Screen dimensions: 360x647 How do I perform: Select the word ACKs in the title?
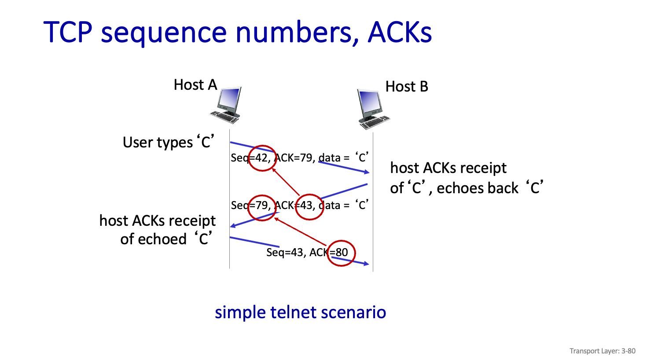pyautogui.click(x=400, y=32)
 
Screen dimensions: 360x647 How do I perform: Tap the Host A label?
pyautogui.click(x=195, y=84)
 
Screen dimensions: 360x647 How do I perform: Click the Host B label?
pyautogui.click(x=407, y=87)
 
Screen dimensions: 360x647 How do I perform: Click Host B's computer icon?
pyautogui.click(x=372, y=109)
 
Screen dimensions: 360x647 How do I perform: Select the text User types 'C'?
pyautogui.click(x=168, y=142)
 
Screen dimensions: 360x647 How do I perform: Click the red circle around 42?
pyautogui.click(x=262, y=158)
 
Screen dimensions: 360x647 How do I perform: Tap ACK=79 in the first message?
pyautogui.click(x=294, y=158)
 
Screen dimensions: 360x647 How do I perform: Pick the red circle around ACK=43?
pyautogui.click(x=309, y=207)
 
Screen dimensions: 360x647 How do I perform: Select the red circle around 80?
pyautogui.click(x=341, y=253)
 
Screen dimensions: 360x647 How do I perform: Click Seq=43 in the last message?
pyautogui.click(x=285, y=253)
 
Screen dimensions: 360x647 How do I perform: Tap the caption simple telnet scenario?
pyautogui.click(x=300, y=312)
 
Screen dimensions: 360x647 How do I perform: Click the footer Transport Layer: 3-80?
pyautogui.click(x=602, y=351)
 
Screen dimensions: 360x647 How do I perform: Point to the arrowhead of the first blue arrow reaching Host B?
pyautogui.click(x=367, y=172)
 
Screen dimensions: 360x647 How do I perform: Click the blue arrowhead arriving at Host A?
pyautogui.click(x=233, y=226)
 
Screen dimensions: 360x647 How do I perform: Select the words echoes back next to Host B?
pyautogui.click(x=478, y=188)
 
